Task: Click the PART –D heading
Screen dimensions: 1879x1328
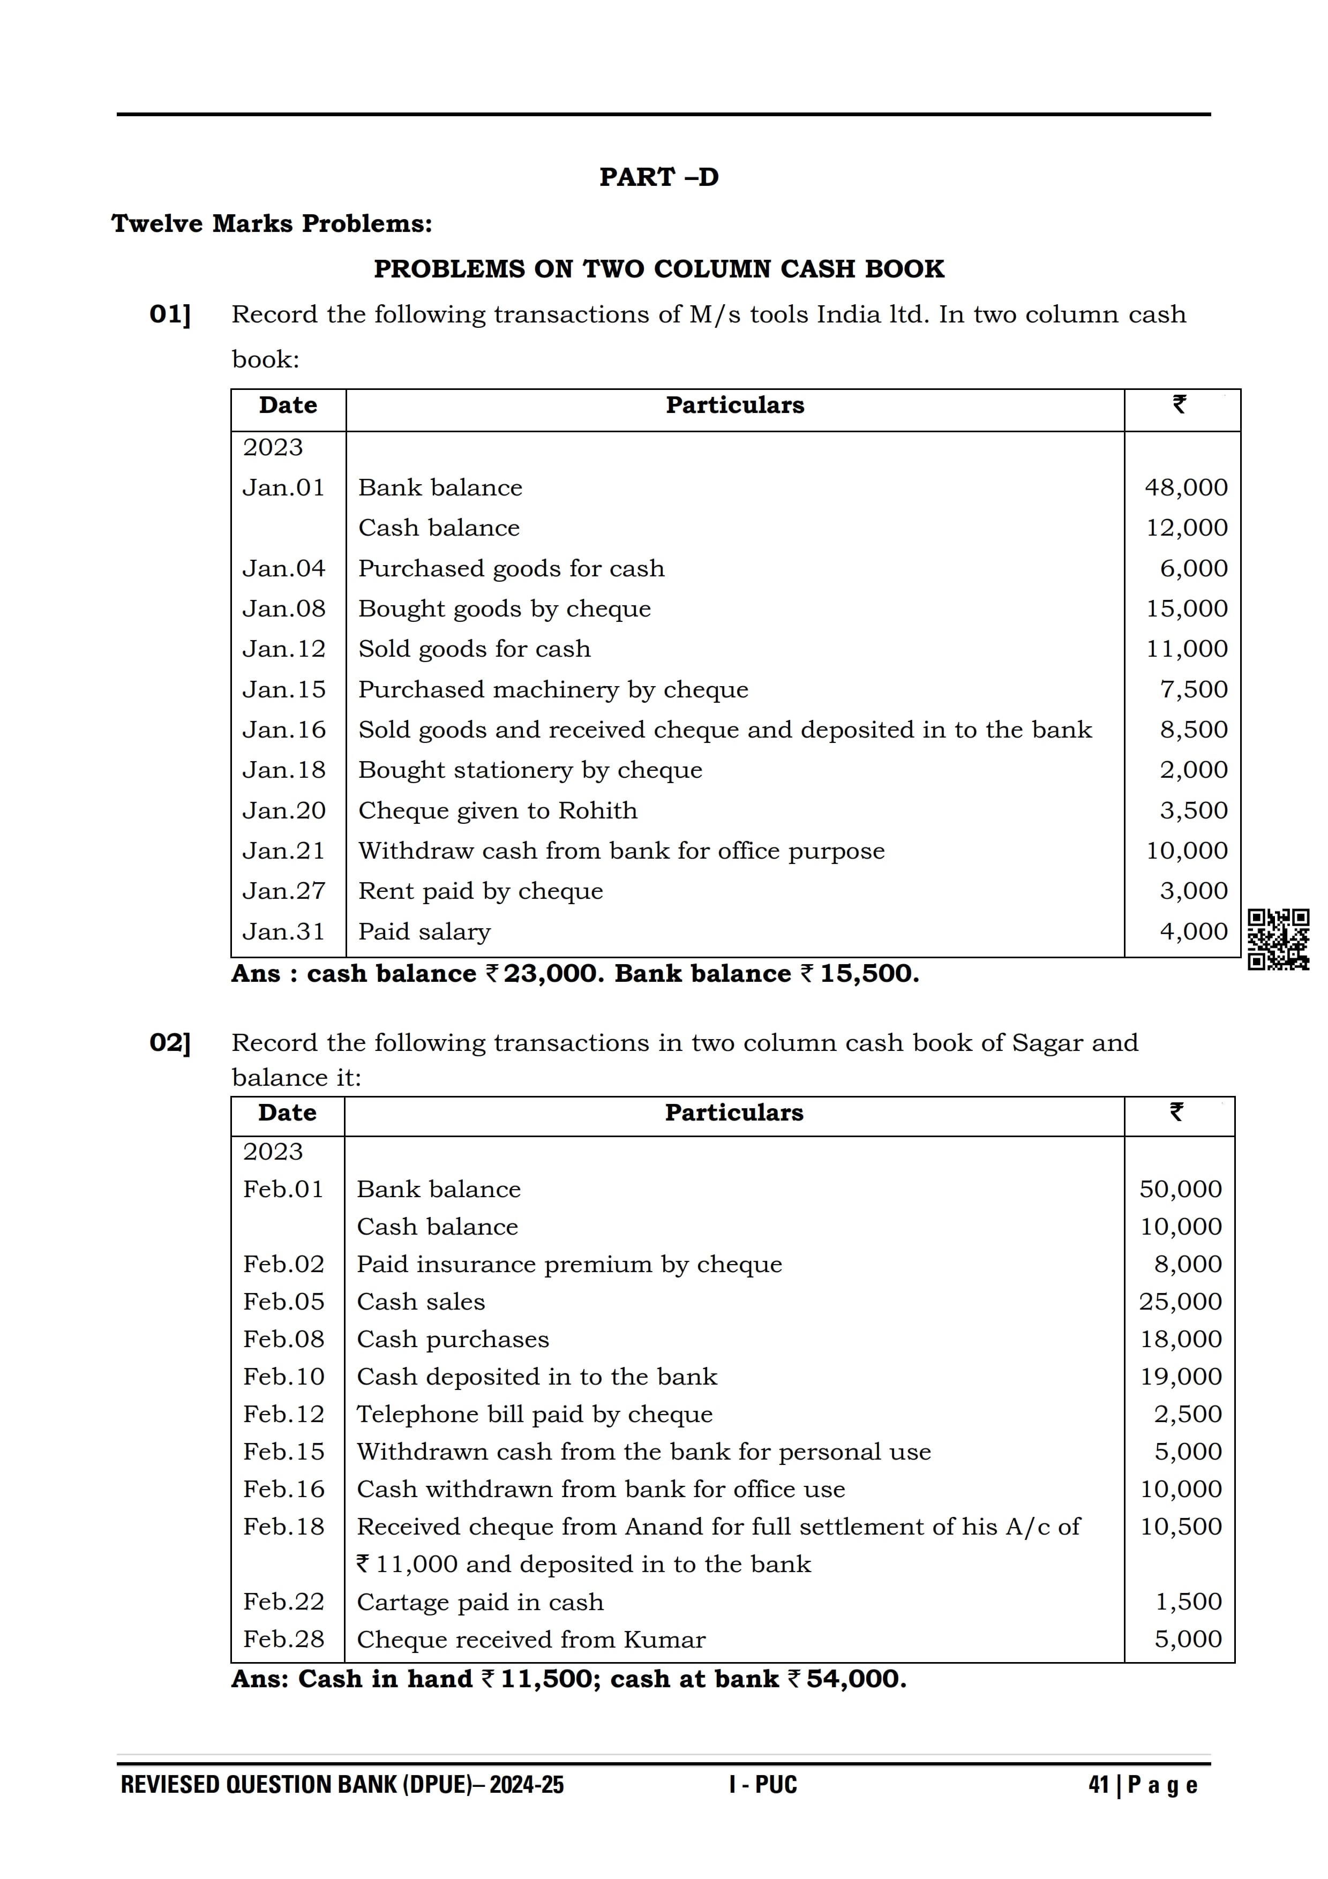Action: click(x=659, y=177)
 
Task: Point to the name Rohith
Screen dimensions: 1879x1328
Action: click(x=597, y=810)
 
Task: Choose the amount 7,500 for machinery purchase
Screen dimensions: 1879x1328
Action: click(x=1194, y=689)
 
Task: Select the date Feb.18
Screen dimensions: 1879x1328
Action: click(x=283, y=1526)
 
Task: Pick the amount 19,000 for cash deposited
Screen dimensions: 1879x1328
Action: click(x=1181, y=1377)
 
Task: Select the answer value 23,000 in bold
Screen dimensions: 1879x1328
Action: click(x=542, y=974)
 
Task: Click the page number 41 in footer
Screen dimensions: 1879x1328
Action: click(x=1098, y=1785)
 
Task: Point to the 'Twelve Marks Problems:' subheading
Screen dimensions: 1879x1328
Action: click(x=272, y=223)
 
